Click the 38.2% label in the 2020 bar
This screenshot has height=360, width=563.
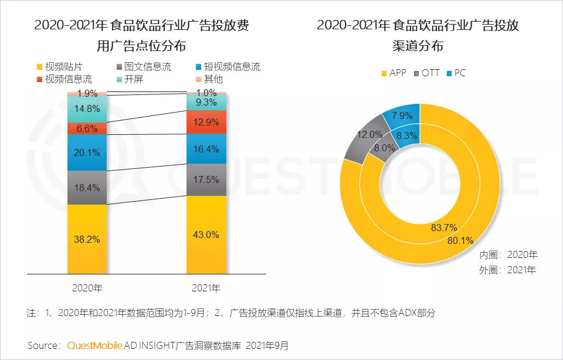(87, 239)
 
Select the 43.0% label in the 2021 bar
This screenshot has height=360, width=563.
(206, 235)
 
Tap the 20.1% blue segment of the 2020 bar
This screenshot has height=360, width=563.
(87, 152)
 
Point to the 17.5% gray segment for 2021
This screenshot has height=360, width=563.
(206, 179)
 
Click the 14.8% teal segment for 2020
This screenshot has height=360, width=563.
(87, 108)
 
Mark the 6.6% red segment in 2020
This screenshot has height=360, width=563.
(87, 128)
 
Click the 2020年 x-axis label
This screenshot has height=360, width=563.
(87, 288)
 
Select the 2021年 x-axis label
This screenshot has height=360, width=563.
(206, 288)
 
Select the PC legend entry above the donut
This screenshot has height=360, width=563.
(460, 73)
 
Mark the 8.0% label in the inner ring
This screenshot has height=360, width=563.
(385, 148)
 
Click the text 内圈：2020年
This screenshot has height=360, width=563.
(508, 256)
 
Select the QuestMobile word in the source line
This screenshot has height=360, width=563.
(94, 345)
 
